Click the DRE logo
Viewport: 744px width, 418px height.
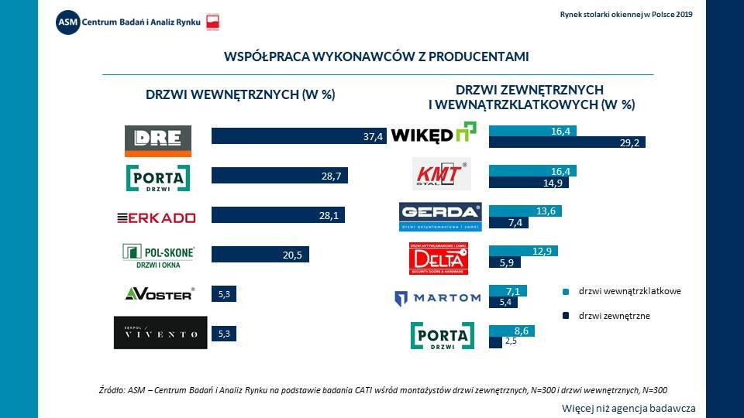click(158, 140)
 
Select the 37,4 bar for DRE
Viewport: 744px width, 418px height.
click(298, 136)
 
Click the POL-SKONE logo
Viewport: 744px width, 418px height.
click(158, 256)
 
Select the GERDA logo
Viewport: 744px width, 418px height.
click(440, 217)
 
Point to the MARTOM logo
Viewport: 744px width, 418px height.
click(437, 297)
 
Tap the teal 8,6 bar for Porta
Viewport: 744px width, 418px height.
click(511, 331)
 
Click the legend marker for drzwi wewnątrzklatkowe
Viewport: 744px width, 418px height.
click(567, 292)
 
